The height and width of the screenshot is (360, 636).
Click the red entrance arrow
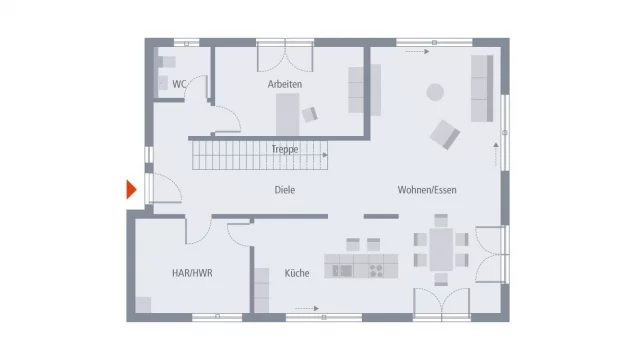(130, 189)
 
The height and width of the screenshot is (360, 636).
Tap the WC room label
(179, 84)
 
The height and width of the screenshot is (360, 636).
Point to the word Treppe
(285, 149)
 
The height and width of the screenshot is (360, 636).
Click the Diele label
(285, 189)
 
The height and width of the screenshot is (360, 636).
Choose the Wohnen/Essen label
(426, 189)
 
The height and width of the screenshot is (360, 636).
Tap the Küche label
(295, 272)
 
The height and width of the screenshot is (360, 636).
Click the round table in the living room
(435, 92)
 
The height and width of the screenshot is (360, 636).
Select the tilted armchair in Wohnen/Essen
(444, 132)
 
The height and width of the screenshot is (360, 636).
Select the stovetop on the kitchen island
(379, 269)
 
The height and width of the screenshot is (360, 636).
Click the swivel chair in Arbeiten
(310, 114)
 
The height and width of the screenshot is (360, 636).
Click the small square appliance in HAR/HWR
(145, 304)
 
